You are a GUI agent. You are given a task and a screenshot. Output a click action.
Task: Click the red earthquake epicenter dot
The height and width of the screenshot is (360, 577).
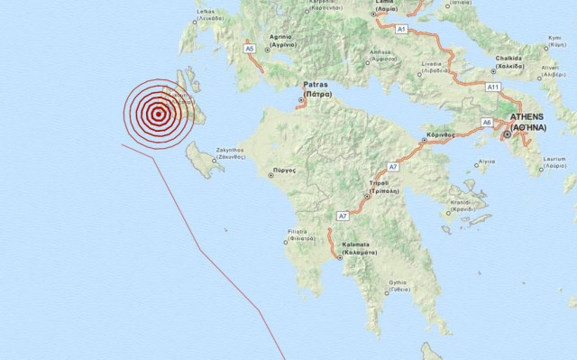click(x=159, y=113)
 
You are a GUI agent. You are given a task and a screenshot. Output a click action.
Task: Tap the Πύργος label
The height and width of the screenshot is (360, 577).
click(x=282, y=170)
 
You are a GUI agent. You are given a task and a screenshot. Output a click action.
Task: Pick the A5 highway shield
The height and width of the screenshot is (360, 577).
click(x=250, y=49)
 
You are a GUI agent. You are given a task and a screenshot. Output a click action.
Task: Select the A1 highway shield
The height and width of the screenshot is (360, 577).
click(x=402, y=30)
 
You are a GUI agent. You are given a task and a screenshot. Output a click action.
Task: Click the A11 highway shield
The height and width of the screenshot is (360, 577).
click(x=493, y=87)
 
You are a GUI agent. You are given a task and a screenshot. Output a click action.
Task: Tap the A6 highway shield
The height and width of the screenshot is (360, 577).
click(x=487, y=122)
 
